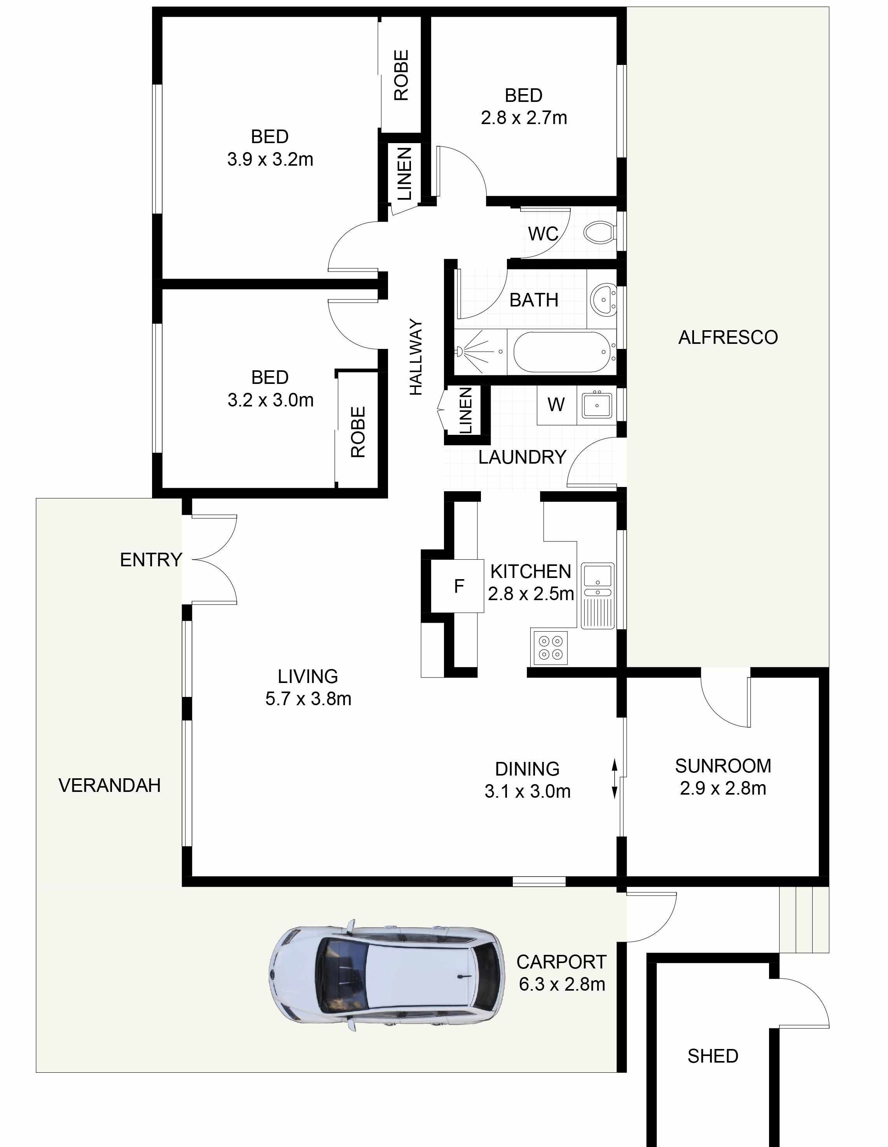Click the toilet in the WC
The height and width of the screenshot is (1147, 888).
pyautogui.click(x=600, y=232)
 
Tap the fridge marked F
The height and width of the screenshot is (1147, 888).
pyautogui.click(x=458, y=586)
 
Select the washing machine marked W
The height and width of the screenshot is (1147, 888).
pyautogui.click(x=556, y=405)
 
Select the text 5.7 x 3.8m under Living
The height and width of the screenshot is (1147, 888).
pyautogui.click(x=308, y=699)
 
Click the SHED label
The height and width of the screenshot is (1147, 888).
pyautogui.click(x=713, y=1056)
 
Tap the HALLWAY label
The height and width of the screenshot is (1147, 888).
pyautogui.click(x=416, y=357)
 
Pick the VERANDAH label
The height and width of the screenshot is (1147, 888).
pyautogui.click(x=109, y=786)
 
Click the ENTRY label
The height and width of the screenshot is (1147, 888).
pyautogui.click(x=151, y=560)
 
